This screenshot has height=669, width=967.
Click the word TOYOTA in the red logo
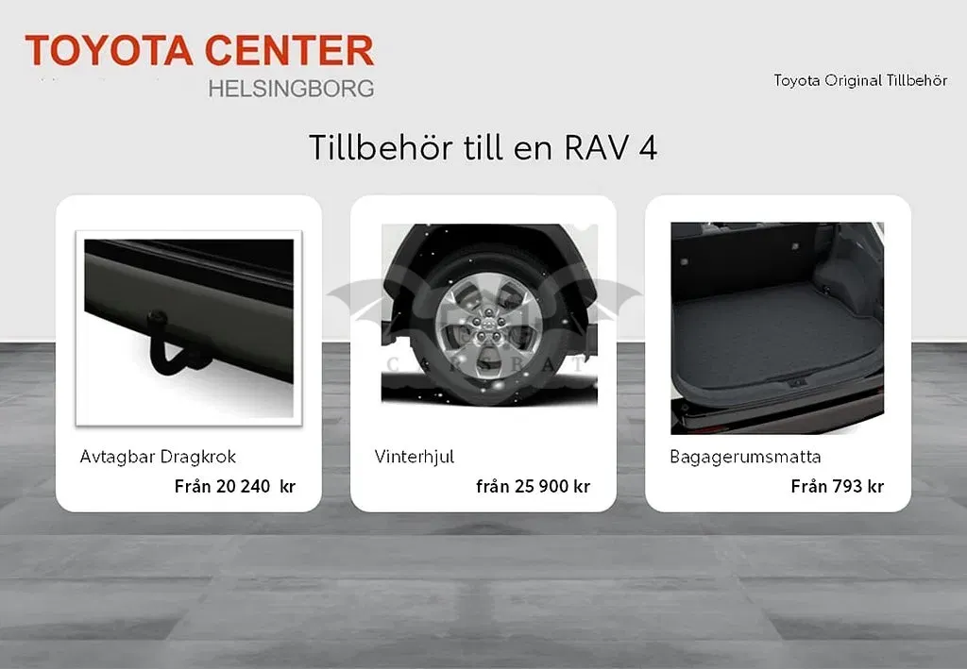(110, 50)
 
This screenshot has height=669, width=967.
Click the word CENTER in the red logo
(289, 50)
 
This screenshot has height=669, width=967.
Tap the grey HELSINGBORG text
(291, 89)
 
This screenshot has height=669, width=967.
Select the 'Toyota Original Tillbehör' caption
(860, 81)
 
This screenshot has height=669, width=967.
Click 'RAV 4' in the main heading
(611, 148)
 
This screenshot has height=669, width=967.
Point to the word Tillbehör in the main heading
(381, 148)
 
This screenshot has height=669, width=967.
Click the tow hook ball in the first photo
(158, 318)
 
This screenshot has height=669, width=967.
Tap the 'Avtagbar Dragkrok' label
(158, 457)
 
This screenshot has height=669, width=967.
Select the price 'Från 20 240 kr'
(235, 486)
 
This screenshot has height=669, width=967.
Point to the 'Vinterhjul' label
(414, 457)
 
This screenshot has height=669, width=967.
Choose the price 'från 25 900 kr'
(533, 486)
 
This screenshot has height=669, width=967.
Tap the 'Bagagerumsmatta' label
(745, 457)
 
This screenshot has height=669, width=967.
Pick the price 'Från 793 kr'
(838, 486)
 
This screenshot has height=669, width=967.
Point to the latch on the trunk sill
(797, 382)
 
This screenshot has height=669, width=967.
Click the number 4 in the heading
(648, 148)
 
